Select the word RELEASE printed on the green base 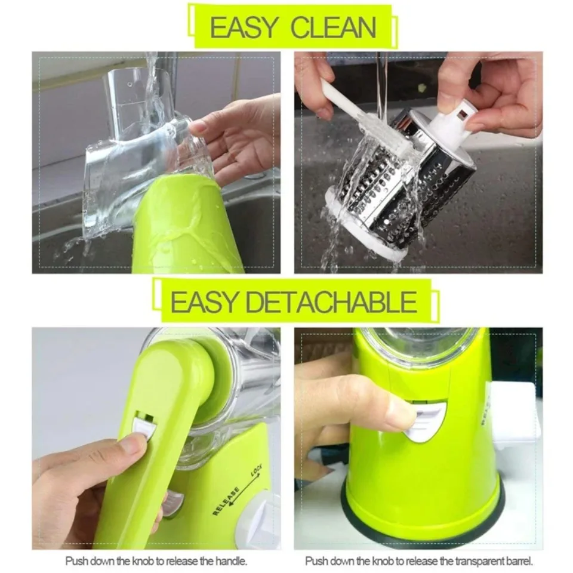coord(226,501)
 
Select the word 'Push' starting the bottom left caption coord(76,561)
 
